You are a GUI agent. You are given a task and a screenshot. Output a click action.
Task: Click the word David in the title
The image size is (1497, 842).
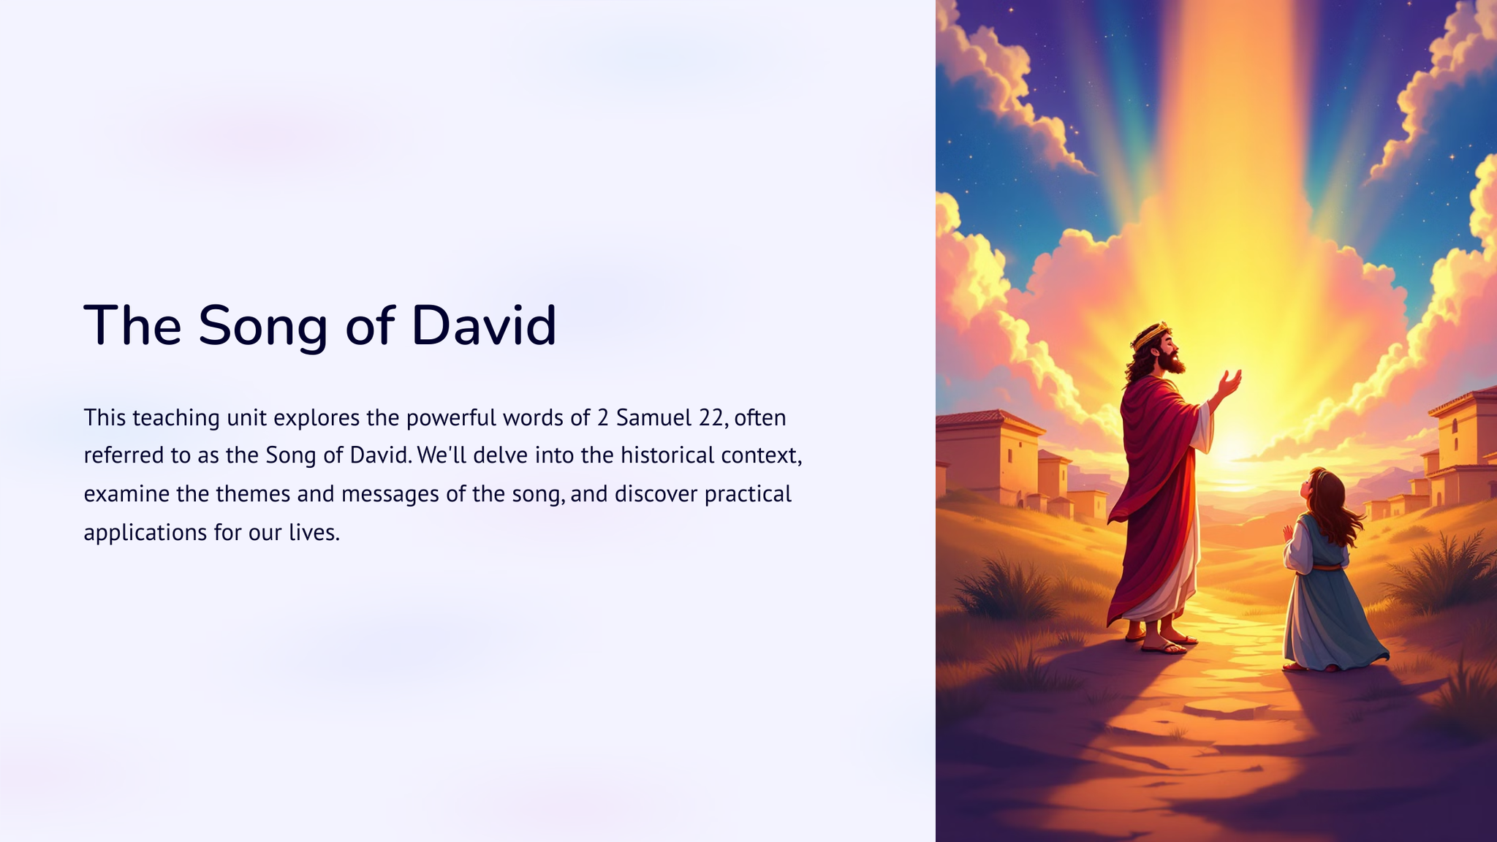484,325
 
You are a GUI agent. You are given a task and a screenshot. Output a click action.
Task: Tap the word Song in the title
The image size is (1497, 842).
262,327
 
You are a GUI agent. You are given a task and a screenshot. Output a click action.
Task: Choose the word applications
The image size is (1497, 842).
145,533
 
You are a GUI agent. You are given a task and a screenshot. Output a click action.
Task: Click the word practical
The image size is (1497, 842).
748,495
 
